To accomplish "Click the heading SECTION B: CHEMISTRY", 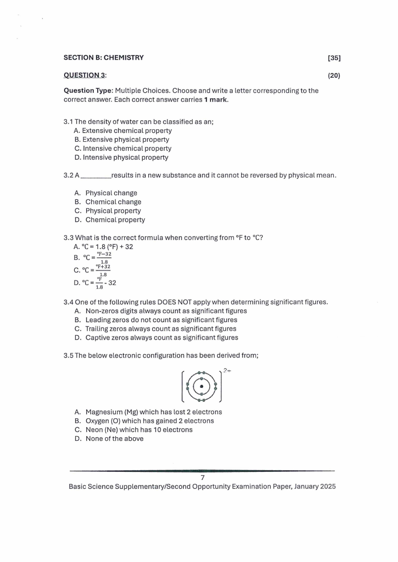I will [x=103, y=58].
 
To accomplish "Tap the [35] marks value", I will [x=334, y=58].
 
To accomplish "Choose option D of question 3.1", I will [x=121, y=157].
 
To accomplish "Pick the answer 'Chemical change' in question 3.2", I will [x=113, y=202].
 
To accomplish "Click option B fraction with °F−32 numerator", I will [x=104, y=257].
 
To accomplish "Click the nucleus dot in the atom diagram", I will [x=202, y=386].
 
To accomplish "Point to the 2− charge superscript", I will [x=227, y=371].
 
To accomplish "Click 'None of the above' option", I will [x=114, y=439].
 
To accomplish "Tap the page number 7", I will [x=202, y=477].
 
